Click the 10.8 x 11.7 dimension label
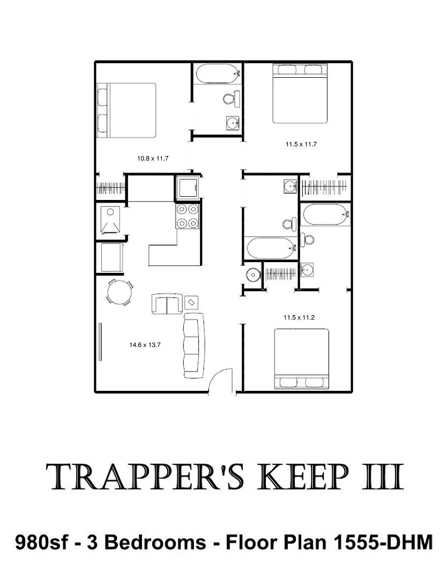(x=153, y=159)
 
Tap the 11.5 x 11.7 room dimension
(x=301, y=144)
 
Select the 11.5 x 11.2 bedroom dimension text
(x=299, y=317)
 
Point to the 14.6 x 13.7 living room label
(x=145, y=345)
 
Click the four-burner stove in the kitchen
(x=188, y=216)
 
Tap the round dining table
(x=120, y=293)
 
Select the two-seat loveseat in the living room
(x=167, y=303)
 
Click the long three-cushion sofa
(x=194, y=345)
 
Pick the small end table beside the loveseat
(x=191, y=302)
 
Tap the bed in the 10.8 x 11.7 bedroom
(x=126, y=110)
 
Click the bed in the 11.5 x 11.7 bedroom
(x=300, y=93)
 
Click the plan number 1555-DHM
(x=383, y=543)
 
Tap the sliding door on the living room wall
(x=100, y=342)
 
